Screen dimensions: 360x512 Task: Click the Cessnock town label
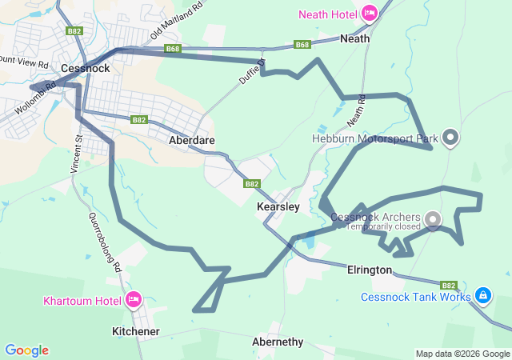[84, 69]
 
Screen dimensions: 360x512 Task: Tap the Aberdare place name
[192, 139]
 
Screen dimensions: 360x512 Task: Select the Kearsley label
[278, 206]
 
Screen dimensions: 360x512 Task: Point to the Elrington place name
[369, 270]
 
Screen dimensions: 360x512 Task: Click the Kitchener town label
[135, 331]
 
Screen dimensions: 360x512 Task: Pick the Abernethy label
[278, 342]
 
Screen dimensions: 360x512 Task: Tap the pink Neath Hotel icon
[370, 13]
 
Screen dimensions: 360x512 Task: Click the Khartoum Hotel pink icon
[134, 300]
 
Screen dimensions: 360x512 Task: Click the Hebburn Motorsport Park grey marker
[450, 138]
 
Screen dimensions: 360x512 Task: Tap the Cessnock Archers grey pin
[433, 218]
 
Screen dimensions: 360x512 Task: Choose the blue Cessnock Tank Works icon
[482, 296]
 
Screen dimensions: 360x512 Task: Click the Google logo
[26, 350]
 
